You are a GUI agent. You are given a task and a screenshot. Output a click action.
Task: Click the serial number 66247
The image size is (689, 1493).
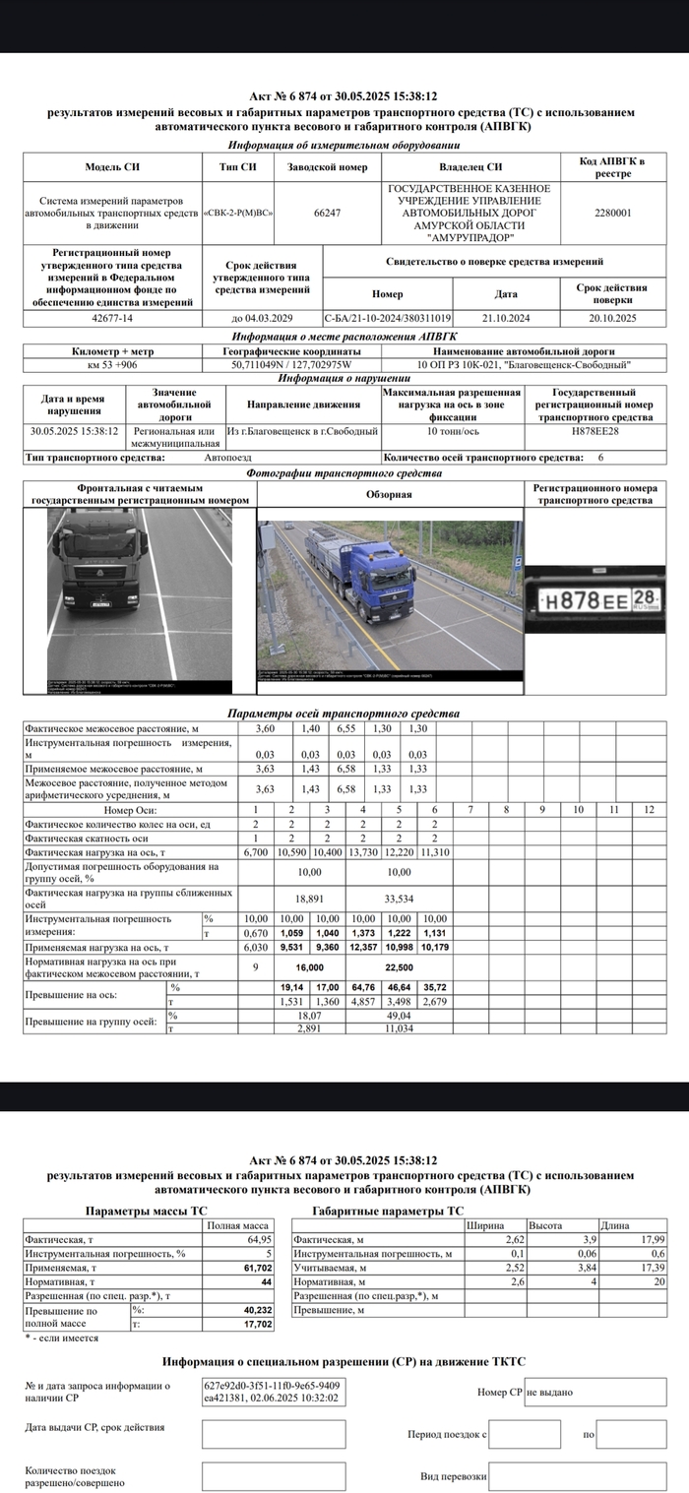point(327,212)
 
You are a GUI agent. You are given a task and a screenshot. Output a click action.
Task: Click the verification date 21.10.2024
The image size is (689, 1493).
point(506,318)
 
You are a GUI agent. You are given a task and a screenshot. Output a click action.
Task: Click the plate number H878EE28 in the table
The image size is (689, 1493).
point(595,431)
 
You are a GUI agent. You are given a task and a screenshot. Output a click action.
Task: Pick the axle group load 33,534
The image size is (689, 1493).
point(399,898)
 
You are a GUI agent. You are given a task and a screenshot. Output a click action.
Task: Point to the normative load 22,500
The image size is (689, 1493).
point(399,966)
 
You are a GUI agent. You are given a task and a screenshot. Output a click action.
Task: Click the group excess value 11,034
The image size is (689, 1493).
point(399,1027)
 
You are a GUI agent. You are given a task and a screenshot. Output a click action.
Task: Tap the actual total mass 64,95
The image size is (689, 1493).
point(259,1239)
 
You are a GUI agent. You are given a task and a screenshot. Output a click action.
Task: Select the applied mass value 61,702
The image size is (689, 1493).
point(257,1270)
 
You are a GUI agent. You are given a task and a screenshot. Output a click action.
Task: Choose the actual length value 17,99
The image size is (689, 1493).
point(653,1239)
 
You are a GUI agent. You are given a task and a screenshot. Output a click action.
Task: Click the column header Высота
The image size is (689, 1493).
point(545,1225)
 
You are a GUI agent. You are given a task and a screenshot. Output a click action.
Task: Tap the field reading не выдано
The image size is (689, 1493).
point(549,1393)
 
